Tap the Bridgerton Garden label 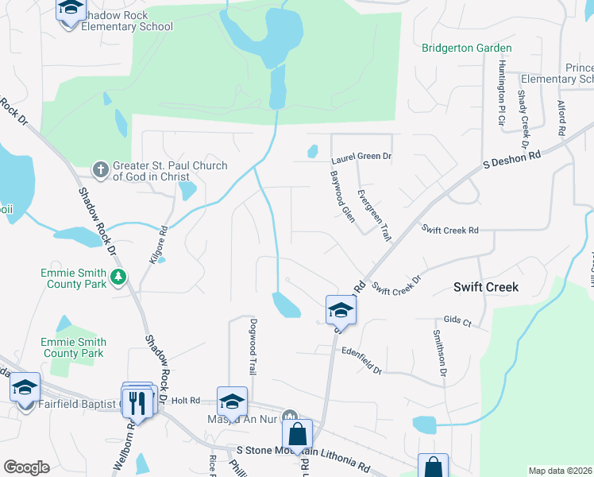pos(467,48)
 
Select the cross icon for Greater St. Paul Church pos(100,169)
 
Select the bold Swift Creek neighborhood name pos(486,287)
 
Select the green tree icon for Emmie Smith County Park pos(119,277)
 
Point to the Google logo pos(26,467)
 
